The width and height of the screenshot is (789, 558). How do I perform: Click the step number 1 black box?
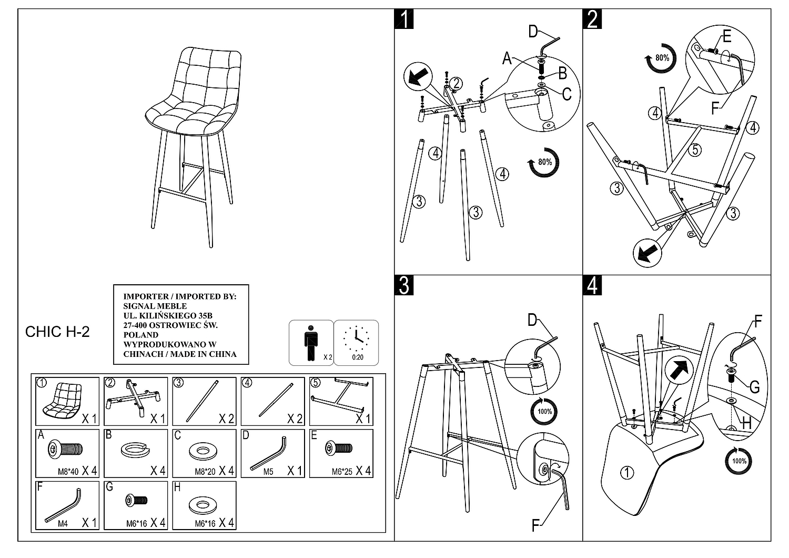404,19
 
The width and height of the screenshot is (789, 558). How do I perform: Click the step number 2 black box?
593,19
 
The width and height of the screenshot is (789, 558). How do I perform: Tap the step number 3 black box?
404,285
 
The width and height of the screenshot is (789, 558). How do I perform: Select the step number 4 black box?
593,285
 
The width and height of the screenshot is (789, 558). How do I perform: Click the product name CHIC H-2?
57,332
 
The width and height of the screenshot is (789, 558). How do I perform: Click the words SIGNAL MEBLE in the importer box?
155,306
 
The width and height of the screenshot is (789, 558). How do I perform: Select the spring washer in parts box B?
135,451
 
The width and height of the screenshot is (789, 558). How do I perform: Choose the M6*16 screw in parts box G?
136,500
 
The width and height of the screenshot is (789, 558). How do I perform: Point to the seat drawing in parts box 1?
63,399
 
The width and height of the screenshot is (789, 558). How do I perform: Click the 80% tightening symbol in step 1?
544,163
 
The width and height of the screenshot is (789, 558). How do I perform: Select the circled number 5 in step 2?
695,150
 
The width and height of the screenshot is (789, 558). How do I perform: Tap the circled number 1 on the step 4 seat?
626,472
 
